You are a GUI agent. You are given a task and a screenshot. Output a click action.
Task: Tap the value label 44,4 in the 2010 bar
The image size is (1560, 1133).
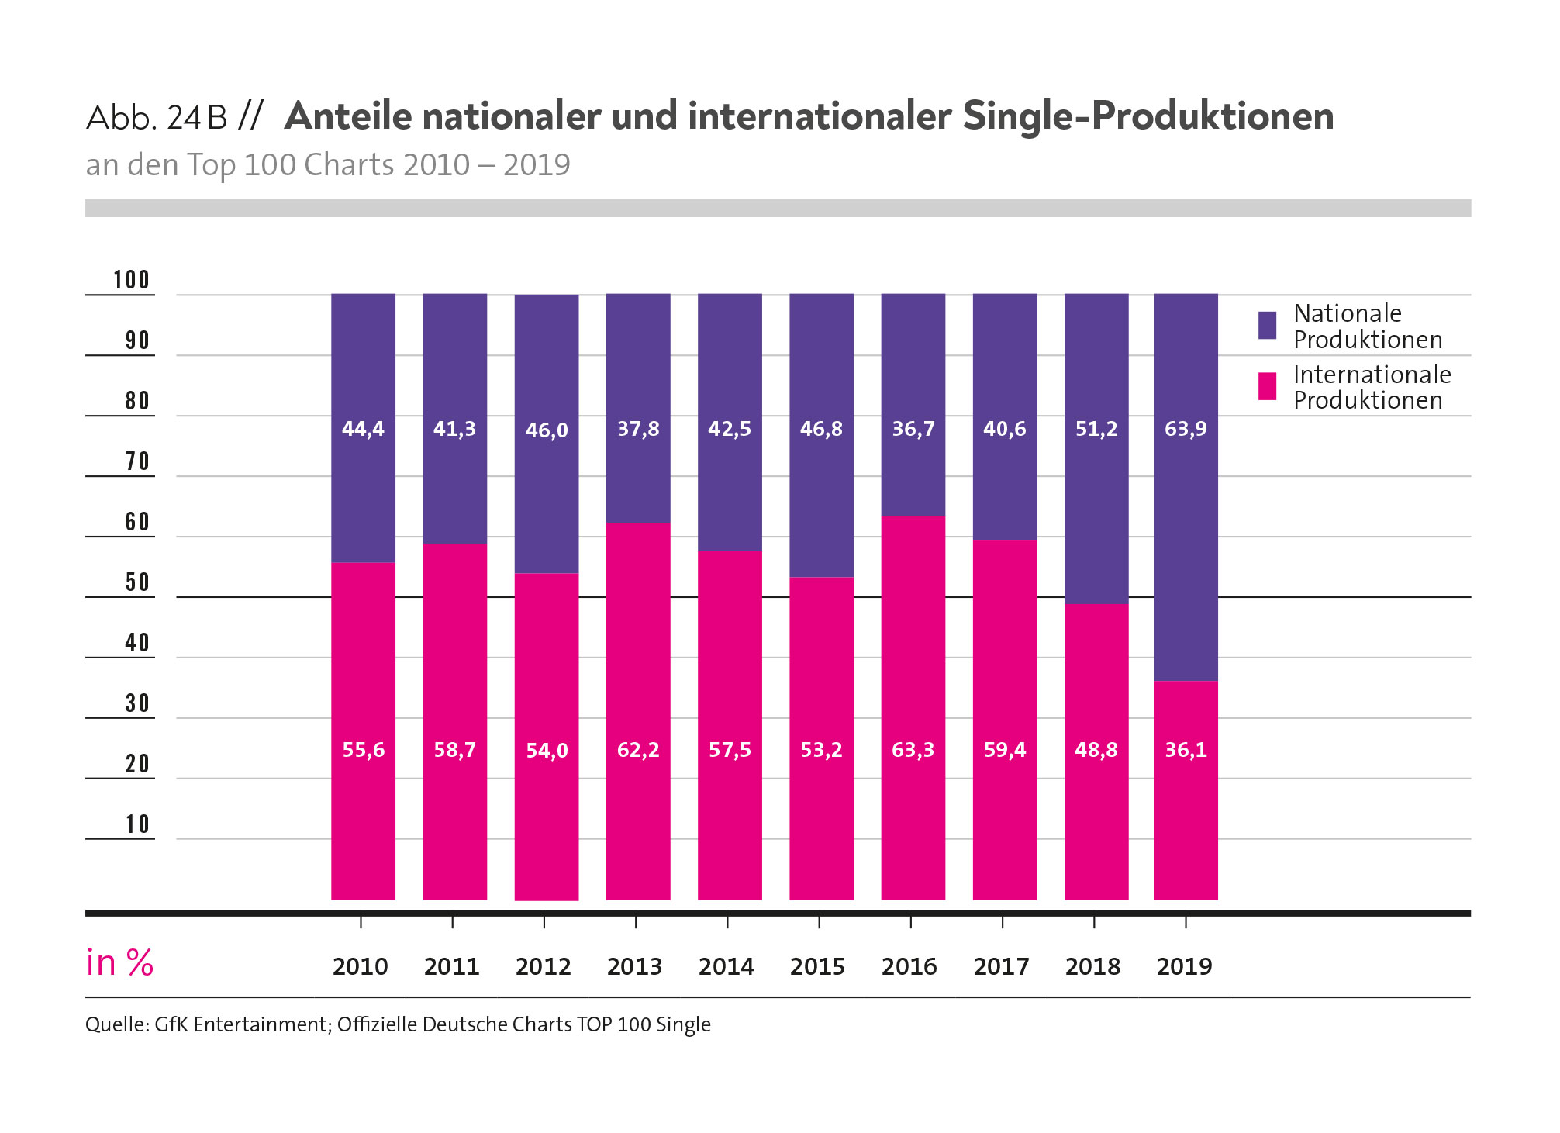[363, 429]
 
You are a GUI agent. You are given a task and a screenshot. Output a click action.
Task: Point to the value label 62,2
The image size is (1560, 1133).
[638, 750]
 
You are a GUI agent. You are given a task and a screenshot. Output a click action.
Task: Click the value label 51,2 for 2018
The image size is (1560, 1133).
[1096, 429]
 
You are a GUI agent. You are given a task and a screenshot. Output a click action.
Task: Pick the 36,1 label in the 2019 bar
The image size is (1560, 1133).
[1186, 750]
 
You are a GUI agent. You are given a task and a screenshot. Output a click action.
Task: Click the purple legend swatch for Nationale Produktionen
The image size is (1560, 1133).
[1267, 326]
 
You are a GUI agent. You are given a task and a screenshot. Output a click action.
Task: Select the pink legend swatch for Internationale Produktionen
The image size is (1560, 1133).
[1267, 386]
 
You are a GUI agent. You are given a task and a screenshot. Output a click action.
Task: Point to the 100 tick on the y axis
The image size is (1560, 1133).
[131, 280]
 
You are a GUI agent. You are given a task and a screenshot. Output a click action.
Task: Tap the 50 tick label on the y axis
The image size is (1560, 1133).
[137, 582]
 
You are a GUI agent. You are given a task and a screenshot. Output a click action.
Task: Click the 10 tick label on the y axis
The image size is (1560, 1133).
[137, 824]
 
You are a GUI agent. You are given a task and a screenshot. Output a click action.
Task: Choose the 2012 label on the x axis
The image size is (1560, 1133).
[543, 967]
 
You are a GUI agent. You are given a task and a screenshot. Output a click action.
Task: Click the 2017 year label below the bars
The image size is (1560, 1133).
[1001, 967]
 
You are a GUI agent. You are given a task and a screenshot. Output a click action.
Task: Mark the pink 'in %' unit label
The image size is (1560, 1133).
[119, 963]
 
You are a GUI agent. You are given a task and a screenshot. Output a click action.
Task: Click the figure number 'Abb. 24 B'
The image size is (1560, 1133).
[157, 118]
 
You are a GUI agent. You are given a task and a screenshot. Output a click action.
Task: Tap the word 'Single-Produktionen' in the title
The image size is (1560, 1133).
[1148, 116]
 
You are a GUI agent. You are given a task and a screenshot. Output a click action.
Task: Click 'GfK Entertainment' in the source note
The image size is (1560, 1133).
[240, 1024]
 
